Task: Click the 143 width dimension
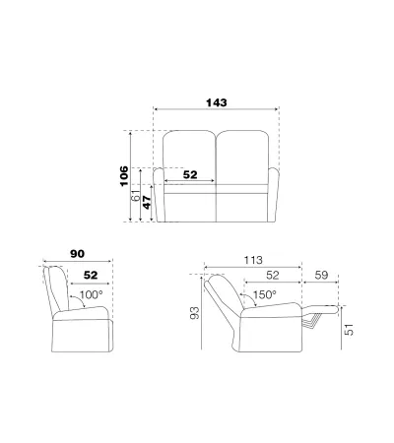tap(217, 102)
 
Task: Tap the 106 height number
tap(124, 176)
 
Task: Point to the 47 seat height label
tap(147, 202)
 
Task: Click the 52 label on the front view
tap(190, 175)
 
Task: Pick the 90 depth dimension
tap(78, 254)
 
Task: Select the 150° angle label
tap(264, 294)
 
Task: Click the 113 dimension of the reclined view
tap(253, 260)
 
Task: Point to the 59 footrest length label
tap(321, 275)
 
